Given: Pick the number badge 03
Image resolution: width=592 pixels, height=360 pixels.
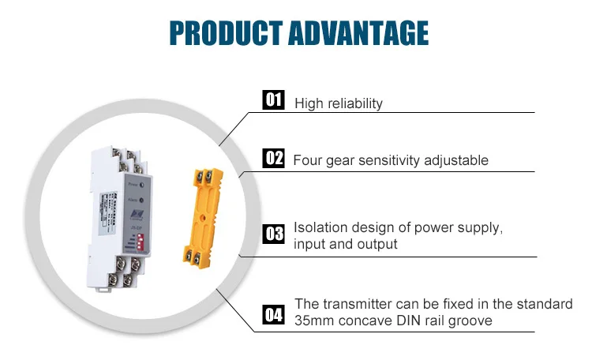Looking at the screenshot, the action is tap(273, 234).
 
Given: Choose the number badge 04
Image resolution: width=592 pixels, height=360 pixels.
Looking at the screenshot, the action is tap(273, 317).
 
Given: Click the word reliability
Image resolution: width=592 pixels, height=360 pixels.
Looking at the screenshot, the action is tap(354, 103).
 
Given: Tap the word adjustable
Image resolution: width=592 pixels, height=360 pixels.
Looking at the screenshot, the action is tap(460, 160).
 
